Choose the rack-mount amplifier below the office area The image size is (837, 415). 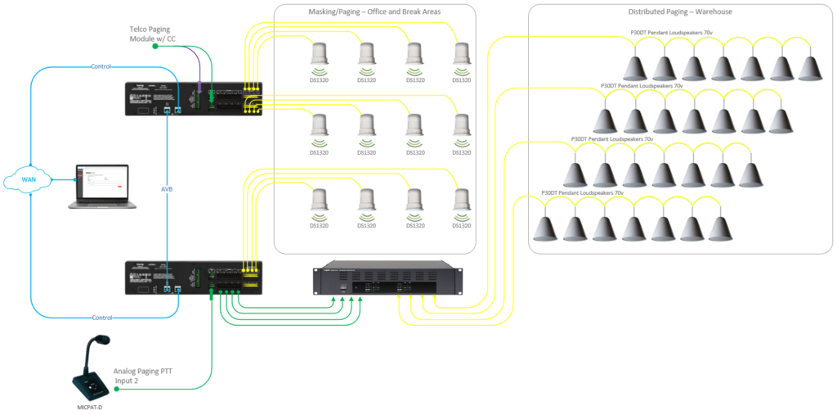[387, 279]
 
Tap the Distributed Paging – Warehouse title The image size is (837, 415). [680, 12]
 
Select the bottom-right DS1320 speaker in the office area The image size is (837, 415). [462, 201]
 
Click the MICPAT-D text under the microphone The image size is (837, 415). [89, 407]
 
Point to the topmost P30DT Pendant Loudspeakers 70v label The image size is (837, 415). [671, 32]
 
